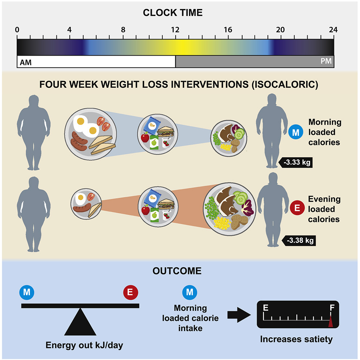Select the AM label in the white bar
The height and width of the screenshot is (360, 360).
click(x=26, y=63)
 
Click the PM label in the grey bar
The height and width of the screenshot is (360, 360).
click(x=326, y=62)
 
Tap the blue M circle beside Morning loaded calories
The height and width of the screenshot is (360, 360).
click(x=296, y=132)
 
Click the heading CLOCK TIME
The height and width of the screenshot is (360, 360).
click(x=173, y=13)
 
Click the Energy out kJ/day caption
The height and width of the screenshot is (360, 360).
click(x=85, y=345)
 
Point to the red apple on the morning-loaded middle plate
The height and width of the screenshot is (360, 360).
click(x=145, y=137)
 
